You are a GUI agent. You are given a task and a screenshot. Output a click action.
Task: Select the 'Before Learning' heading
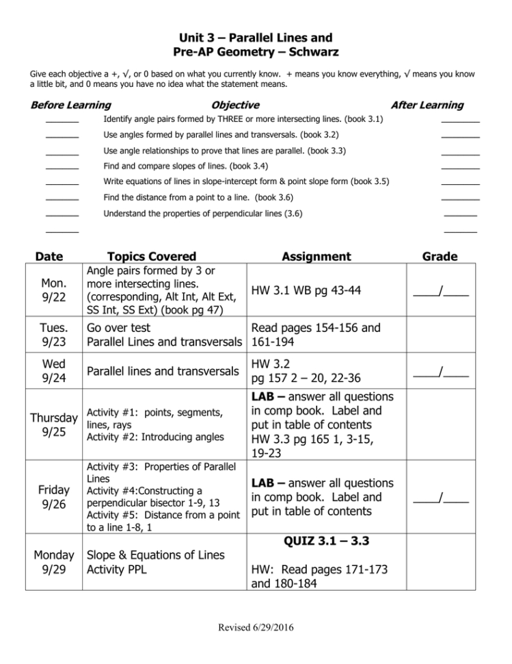click(71, 105)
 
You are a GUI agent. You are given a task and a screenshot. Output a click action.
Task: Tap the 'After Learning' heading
click(426, 105)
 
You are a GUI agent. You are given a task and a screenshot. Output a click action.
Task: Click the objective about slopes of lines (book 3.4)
click(185, 166)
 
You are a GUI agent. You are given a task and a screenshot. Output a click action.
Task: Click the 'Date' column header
click(49, 256)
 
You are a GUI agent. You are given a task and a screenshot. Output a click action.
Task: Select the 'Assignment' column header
click(316, 256)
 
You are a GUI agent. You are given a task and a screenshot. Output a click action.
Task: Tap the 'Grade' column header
click(440, 256)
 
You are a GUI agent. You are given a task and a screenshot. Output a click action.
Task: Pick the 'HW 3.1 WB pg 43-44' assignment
click(306, 291)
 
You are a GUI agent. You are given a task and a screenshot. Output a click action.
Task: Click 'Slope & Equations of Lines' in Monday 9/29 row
click(154, 554)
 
